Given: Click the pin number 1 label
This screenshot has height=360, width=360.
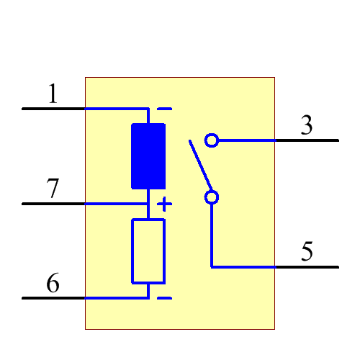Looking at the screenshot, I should (53, 94).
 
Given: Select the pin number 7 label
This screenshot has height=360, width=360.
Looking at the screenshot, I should (53, 189).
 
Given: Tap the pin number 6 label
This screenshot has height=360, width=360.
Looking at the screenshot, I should (53, 284).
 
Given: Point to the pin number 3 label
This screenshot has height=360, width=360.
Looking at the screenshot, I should (307, 126).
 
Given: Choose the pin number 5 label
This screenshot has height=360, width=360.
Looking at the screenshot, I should (307, 252).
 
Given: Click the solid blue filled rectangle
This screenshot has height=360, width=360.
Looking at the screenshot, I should (148, 156).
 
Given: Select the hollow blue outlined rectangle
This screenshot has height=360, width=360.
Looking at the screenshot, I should (148, 251).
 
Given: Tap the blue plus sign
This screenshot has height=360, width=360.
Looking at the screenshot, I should (165, 204).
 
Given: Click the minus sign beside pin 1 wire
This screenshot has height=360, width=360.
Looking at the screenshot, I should (165, 109).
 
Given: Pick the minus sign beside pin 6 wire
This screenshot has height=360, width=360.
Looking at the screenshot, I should (165, 297).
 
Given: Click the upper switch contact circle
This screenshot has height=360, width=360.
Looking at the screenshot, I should (212, 140).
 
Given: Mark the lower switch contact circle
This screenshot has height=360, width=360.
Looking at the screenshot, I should (212, 197).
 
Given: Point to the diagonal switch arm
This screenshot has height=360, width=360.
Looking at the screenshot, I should (199, 165).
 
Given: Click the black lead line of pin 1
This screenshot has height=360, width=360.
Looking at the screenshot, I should (54, 109).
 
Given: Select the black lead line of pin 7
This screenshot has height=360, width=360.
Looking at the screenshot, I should (54, 204).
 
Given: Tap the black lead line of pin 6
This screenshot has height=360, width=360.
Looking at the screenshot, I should (54, 297).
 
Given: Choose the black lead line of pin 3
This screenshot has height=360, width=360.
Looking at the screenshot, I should (306, 140).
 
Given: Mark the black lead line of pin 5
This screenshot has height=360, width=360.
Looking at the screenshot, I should (306, 267).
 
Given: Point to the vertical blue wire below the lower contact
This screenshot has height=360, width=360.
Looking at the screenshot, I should (212, 234).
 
